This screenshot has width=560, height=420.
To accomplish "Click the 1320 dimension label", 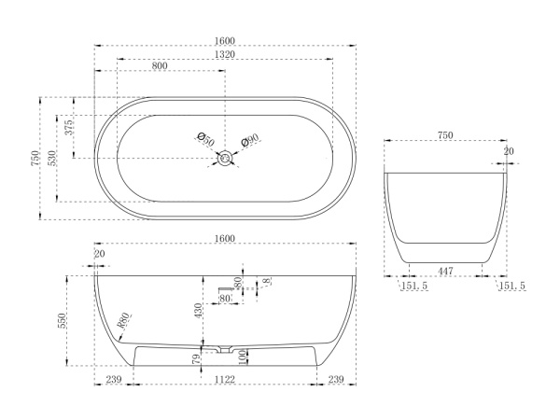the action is click(x=225, y=54).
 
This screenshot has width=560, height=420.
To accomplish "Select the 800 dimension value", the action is click(x=160, y=65).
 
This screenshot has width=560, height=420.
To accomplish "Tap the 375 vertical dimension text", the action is click(x=69, y=127).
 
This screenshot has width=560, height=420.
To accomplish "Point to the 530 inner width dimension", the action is click(x=51, y=159).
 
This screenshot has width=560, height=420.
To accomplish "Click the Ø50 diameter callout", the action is click(x=205, y=139).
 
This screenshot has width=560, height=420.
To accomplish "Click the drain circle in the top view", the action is click(x=225, y=158).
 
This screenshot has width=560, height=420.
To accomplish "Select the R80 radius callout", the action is click(x=124, y=320).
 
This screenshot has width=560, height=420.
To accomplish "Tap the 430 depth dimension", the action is click(x=198, y=311).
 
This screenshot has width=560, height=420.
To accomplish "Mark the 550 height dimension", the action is click(x=62, y=321).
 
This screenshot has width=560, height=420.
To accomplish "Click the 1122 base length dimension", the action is click(x=225, y=379).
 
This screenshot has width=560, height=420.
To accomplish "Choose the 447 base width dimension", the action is click(x=445, y=271).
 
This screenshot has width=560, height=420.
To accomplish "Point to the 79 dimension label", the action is click(x=196, y=359).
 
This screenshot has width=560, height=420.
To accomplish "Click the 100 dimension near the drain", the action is click(x=243, y=357).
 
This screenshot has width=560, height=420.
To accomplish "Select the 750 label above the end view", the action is click(x=445, y=135).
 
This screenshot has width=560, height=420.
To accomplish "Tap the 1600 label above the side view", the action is click(x=225, y=238).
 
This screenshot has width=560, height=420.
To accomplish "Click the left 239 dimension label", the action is click(x=114, y=379).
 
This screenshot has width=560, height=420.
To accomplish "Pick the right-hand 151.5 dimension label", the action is click(x=512, y=286).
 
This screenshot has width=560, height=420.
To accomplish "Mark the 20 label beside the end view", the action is click(x=509, y=151).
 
